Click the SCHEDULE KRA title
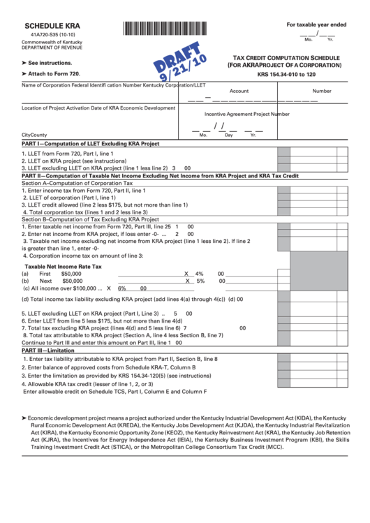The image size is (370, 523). pyautogui.click(x=47, y=24)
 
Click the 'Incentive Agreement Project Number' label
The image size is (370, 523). pyautogui.click(x=246, y=114)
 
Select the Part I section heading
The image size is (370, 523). pyautogui.click(x=91, y=144)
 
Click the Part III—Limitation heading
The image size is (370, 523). pyautogui.click(x=47, y=351)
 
